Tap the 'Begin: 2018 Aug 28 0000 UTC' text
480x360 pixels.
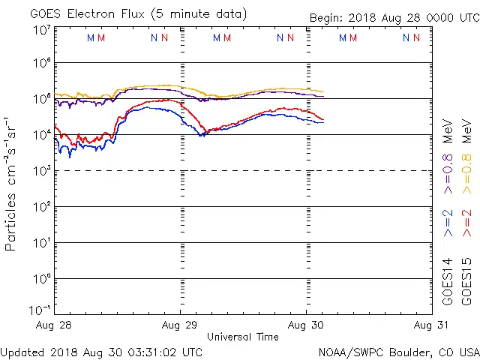[x=394, y=18]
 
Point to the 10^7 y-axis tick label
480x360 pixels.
[x=42, y=30]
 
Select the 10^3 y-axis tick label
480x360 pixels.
[x=42, y=171]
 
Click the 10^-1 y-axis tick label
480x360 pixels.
[x=41, y=310]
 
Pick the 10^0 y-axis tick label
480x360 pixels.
[x=42, y=279]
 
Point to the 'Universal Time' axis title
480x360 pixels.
[x=243, y=337]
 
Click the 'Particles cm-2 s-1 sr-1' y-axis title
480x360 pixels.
[x=11, y=183]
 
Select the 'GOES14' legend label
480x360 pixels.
[x=448, y=280]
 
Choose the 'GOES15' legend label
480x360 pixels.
[x=466, y=280]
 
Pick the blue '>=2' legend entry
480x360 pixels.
[x=448, y=223]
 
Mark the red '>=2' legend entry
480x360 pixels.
[x=466, y=223]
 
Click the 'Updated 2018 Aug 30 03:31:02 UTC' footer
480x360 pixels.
[x=101, y=351]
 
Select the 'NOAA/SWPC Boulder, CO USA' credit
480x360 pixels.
[x=398, y=351]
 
